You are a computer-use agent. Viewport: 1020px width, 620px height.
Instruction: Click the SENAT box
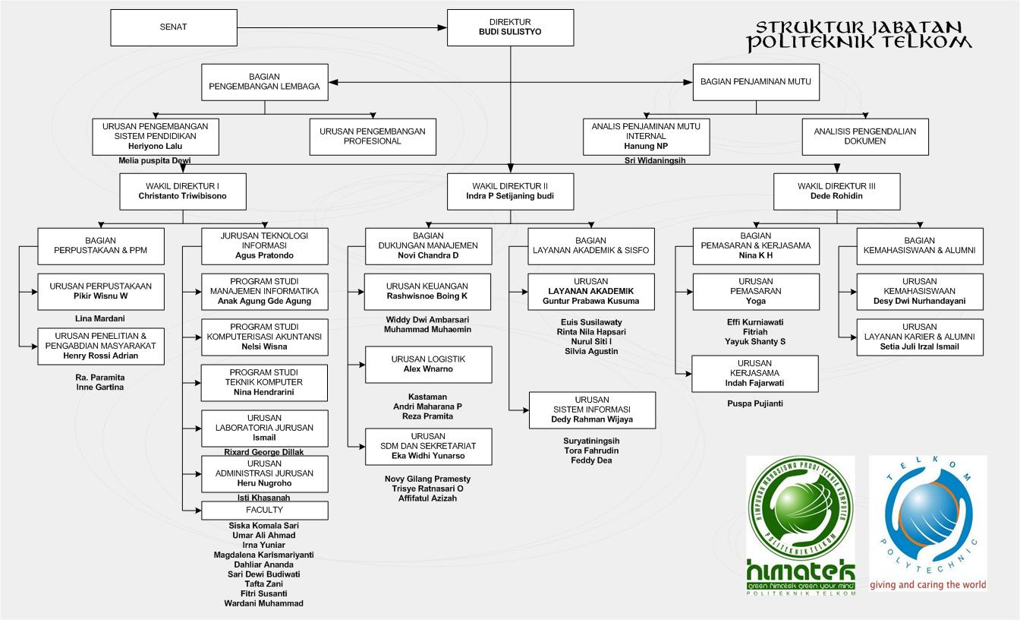click(173, 27)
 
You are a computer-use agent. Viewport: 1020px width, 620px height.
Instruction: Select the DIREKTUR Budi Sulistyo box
click(510, 27)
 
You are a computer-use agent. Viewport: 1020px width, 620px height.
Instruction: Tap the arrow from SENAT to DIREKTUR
click(342, 28)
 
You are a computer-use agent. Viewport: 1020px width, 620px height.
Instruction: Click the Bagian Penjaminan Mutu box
click(756, 81)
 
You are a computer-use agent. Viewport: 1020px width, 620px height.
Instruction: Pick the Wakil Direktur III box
click(836, 191)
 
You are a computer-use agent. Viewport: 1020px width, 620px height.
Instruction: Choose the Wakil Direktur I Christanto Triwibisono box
click(182, 191)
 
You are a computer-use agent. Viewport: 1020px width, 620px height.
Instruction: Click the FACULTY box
click(264, 510)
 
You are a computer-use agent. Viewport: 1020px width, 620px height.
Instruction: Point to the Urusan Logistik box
click(428, 364)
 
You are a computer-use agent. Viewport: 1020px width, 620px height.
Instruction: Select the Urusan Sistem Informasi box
click(592, 410)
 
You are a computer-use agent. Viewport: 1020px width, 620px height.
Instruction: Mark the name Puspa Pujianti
click(755, 403)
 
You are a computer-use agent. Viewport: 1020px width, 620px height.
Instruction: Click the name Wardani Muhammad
click(263, 603)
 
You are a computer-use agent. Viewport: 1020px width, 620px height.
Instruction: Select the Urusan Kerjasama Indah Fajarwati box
click(754, 373)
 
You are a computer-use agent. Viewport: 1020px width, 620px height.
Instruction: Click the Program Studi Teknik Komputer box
click(264, 382)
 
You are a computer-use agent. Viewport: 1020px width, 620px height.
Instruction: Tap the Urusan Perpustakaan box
click(100, 291)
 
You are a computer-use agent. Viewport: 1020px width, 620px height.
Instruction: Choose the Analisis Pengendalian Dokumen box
click(864, 136)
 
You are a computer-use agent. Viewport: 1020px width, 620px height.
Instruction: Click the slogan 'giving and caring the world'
click(927, 585)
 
